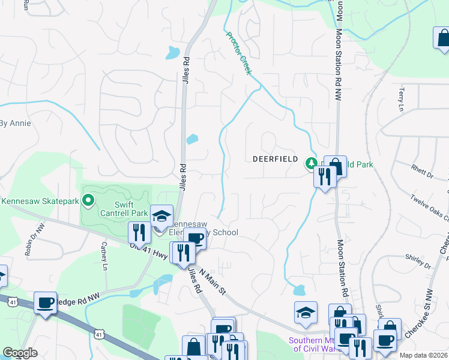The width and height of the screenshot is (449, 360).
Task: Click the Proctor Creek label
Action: [x=238, y=52]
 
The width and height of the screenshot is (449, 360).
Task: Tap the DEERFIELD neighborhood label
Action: [x=276, y=159]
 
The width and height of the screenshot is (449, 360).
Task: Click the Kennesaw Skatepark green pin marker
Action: [x=89, y=200]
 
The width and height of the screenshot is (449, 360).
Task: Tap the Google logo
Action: [x=20, y=353]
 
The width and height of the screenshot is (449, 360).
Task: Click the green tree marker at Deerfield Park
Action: [x=312, y=163]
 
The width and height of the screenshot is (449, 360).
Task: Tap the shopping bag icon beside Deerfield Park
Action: [x=336, y=166]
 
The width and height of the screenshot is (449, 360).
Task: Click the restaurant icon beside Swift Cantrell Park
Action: [x=139, y=232]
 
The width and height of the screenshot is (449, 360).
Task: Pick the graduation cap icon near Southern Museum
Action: [x=306, y=312]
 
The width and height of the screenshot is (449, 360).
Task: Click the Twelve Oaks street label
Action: [x=429, y=208]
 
